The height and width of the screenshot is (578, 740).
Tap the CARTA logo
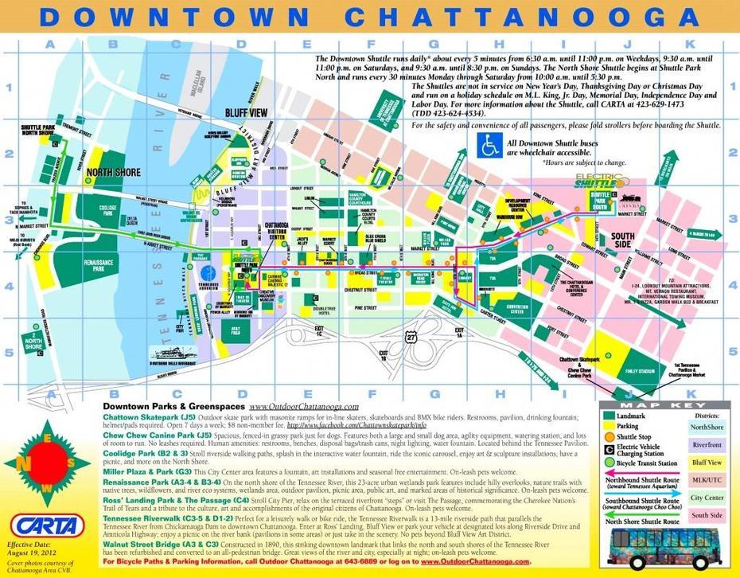tap(48, 526)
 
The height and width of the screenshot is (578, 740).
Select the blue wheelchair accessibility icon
tap(489, 144)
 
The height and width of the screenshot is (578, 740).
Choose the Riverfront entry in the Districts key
tap(707, 445)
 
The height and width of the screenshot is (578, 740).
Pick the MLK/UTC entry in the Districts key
tap(707, 480)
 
